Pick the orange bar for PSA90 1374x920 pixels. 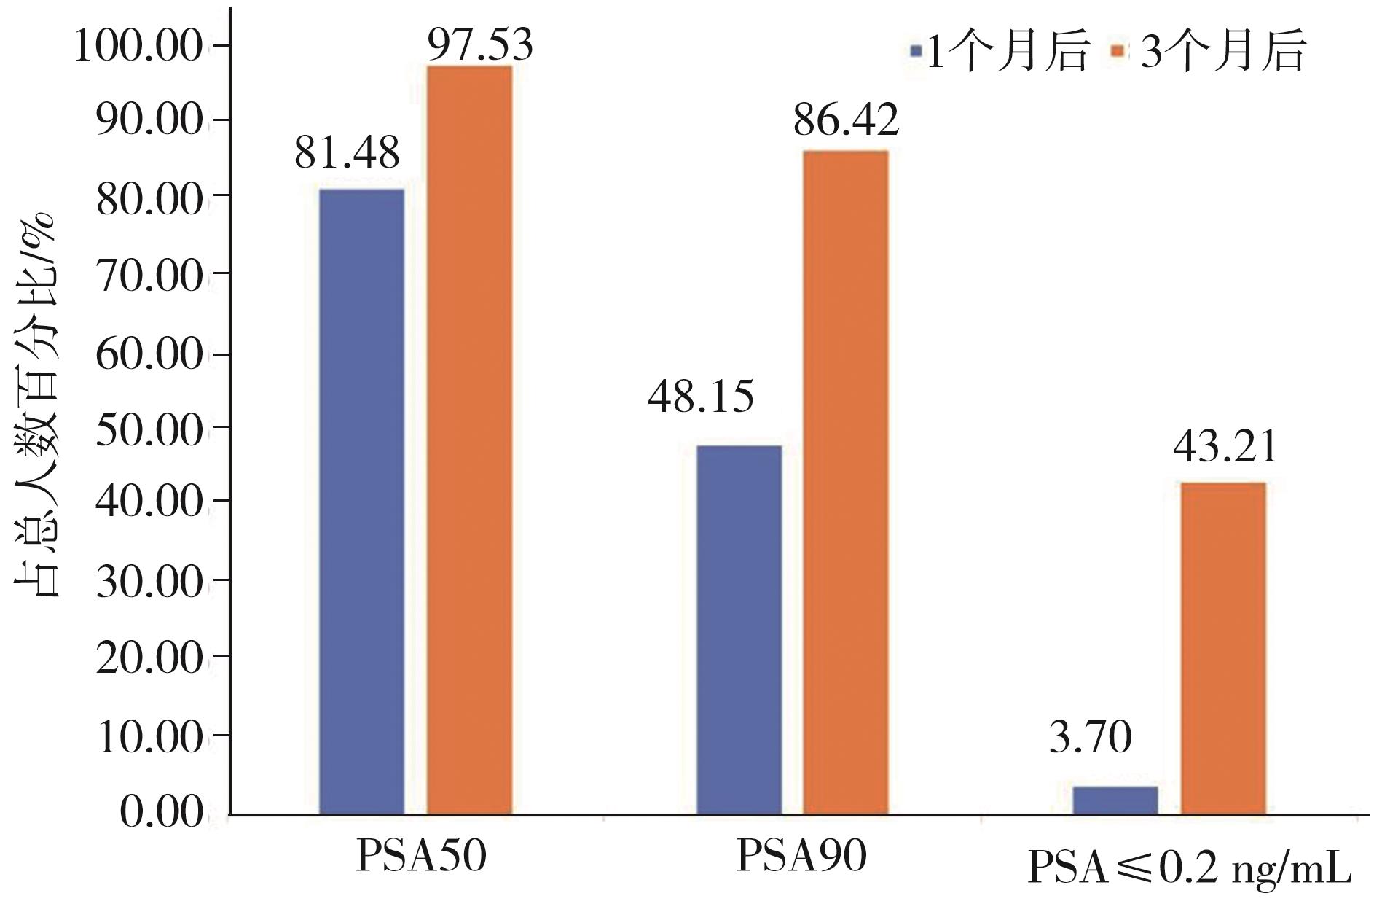point(846,482)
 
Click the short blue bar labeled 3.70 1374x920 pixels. point(1115,800)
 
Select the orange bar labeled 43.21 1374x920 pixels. point(1223,648)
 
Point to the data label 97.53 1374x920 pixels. point(480,45)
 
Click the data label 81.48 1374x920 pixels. point(347,153)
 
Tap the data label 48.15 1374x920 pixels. point(701,397)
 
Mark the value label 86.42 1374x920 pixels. point(846,120)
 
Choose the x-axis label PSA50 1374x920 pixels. point(421,856)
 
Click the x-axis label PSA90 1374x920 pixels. point(801,856)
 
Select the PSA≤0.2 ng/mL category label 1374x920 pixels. point(1189,868)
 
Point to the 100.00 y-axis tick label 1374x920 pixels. point(138,47)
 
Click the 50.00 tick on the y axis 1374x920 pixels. point(149,429)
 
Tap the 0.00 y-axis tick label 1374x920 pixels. point(161,812)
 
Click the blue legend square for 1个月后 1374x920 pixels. point(916,51)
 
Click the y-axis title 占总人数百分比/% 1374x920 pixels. point(36,405)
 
